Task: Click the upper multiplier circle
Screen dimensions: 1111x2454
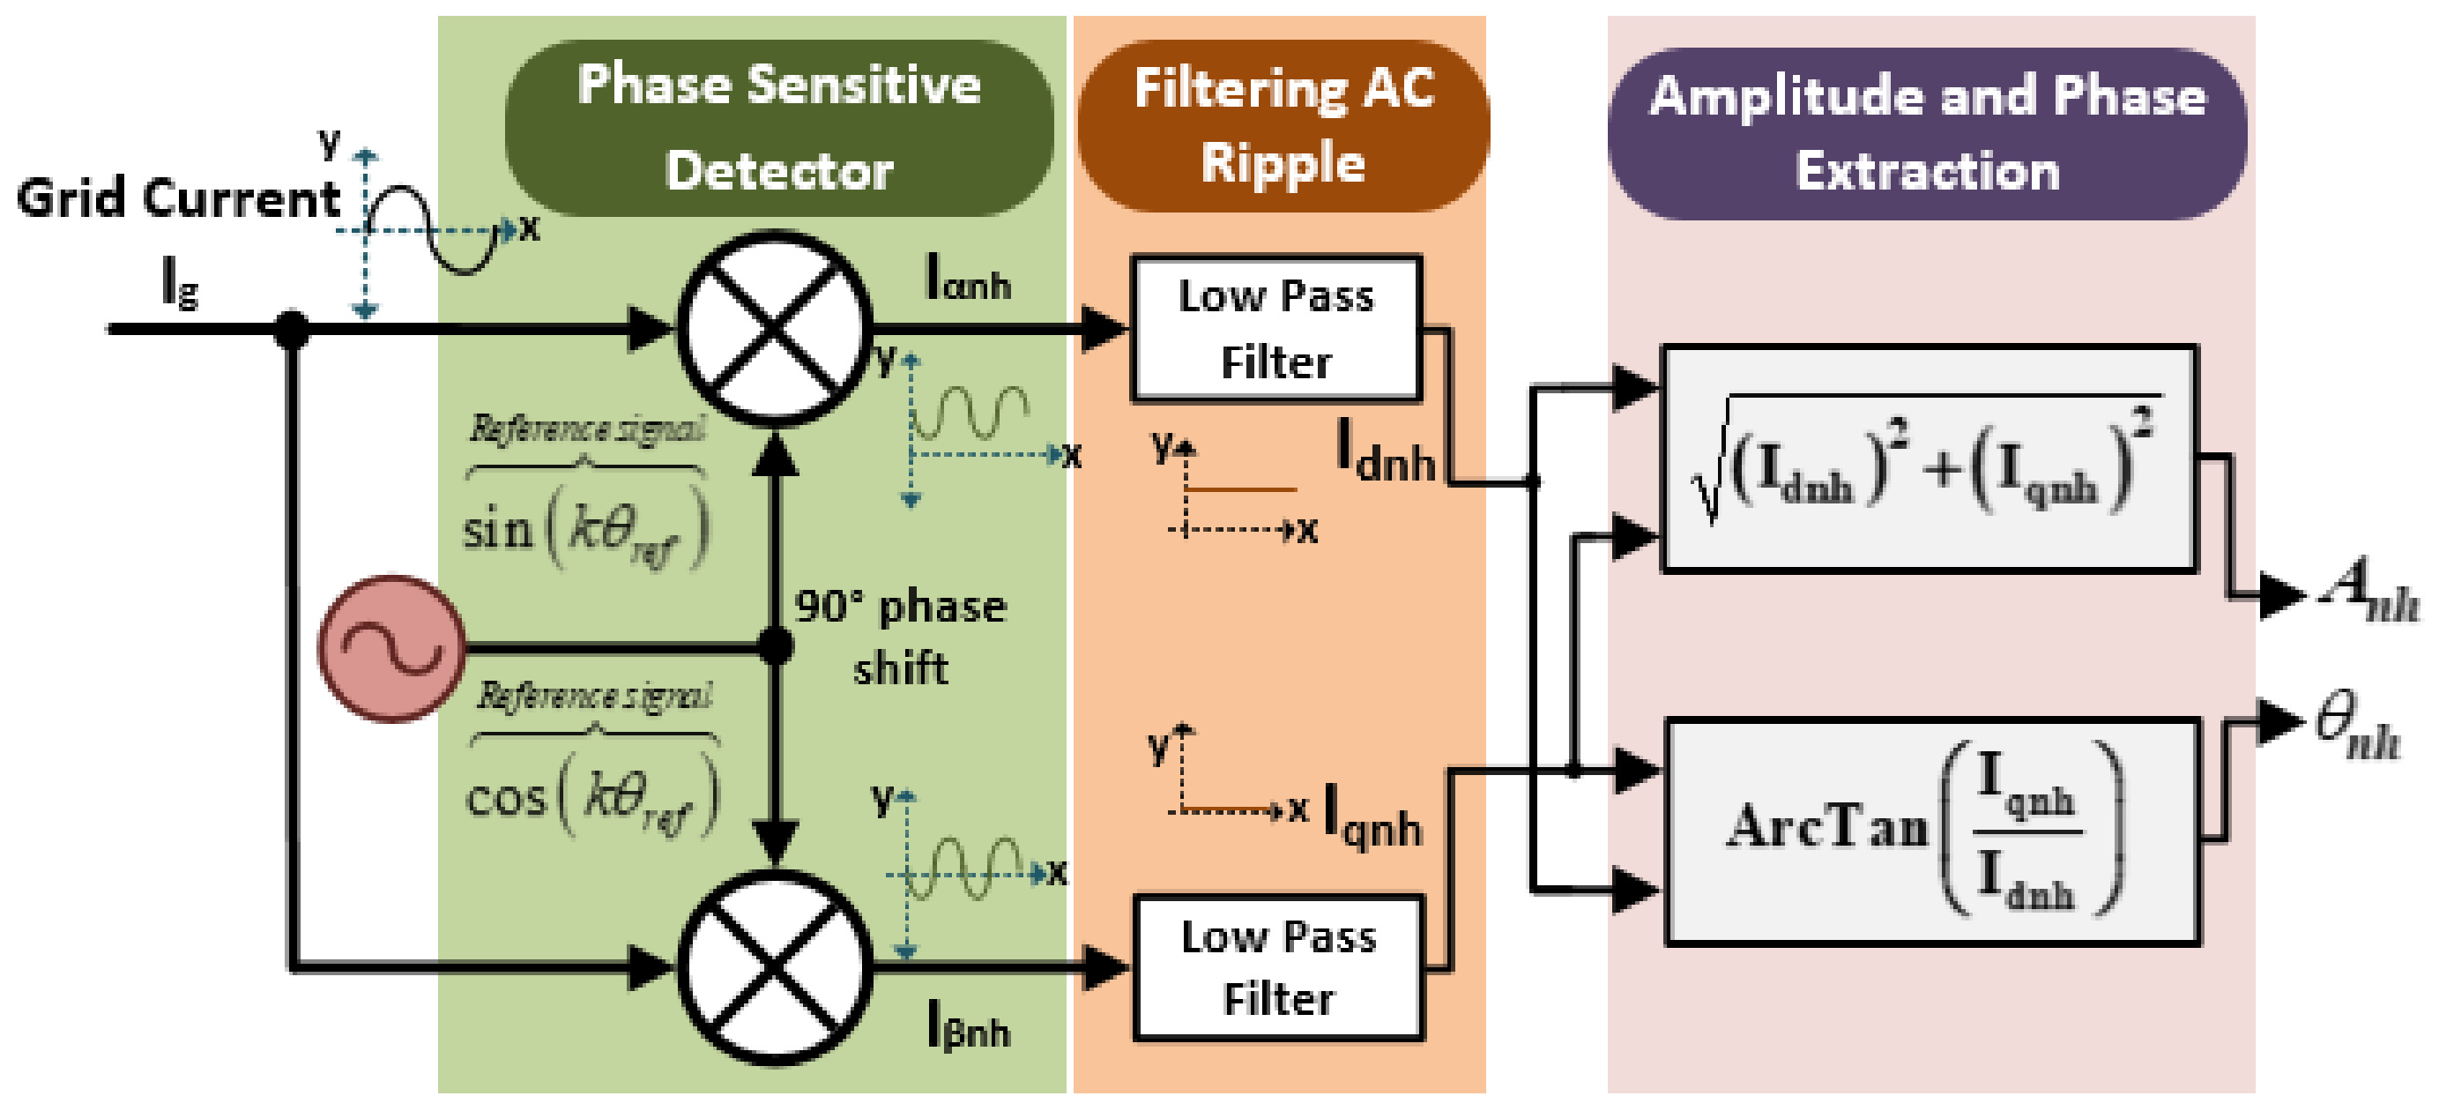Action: pyautogui.click(x=775, y=328)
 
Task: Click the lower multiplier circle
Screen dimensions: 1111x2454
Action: pyautogui.click(x=775, y=966)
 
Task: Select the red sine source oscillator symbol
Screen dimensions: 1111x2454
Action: pyautogui.click(x=391, y=649)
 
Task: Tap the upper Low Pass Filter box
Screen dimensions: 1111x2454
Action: pyautogui.click(x=1275, y=328)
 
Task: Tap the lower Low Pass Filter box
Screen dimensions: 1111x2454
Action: pyautogui.click(x=1277, y=966)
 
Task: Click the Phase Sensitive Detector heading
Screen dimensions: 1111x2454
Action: pyautogui.click(x=778, y=128)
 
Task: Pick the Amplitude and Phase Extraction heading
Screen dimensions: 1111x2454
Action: pyautogui.click(x=1926, y=134)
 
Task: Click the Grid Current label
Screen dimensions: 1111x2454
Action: pyautogui.click(x=178, y=198)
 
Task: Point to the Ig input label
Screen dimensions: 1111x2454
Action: pyautogui.click(x=179, y=284)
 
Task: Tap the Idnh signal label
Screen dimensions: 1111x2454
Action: pyautogui.click(x=1385, y=451)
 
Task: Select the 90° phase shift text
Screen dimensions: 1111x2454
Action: pyautogui.click(x=900, y=637)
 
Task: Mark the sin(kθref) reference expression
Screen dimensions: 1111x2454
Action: pyautogui.click(x=585, y=527)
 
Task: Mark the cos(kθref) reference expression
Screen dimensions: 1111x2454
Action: pyautogui.click(x=591, y=795)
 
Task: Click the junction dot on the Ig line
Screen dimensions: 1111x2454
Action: pyautogui.click(x=292, y=330)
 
